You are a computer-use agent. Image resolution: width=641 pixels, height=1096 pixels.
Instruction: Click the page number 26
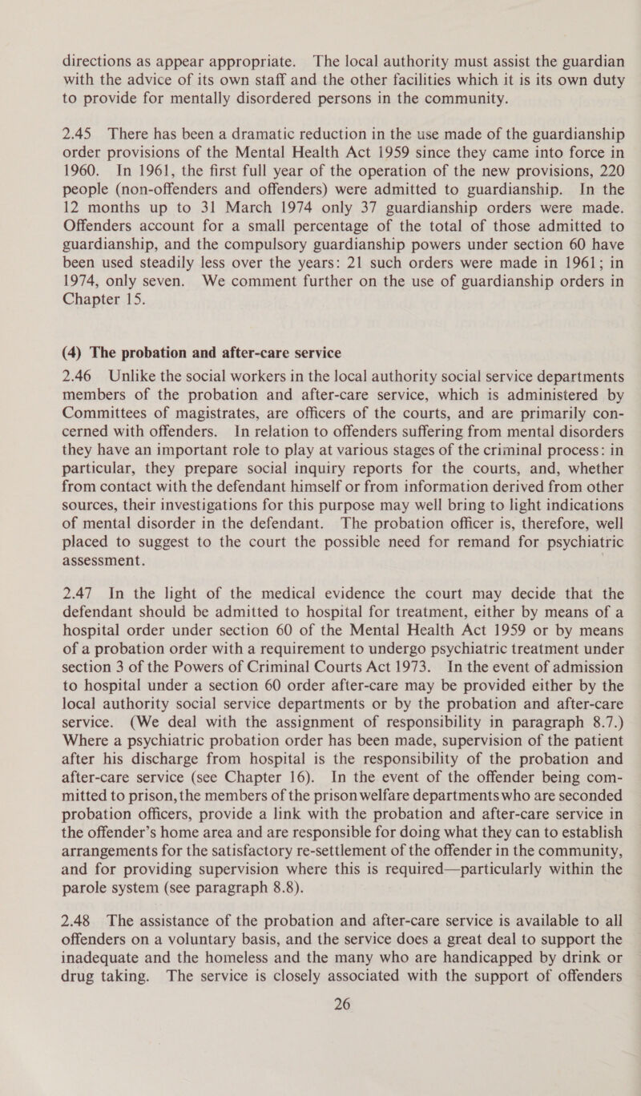pos(320,1070)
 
